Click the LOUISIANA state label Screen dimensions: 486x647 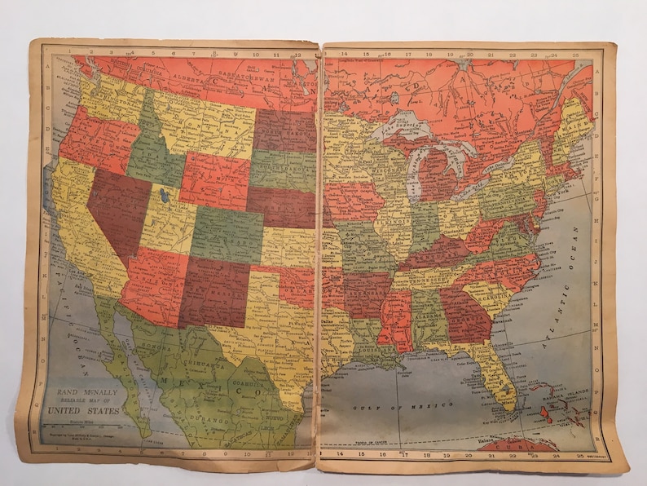(x=365, y=343)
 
